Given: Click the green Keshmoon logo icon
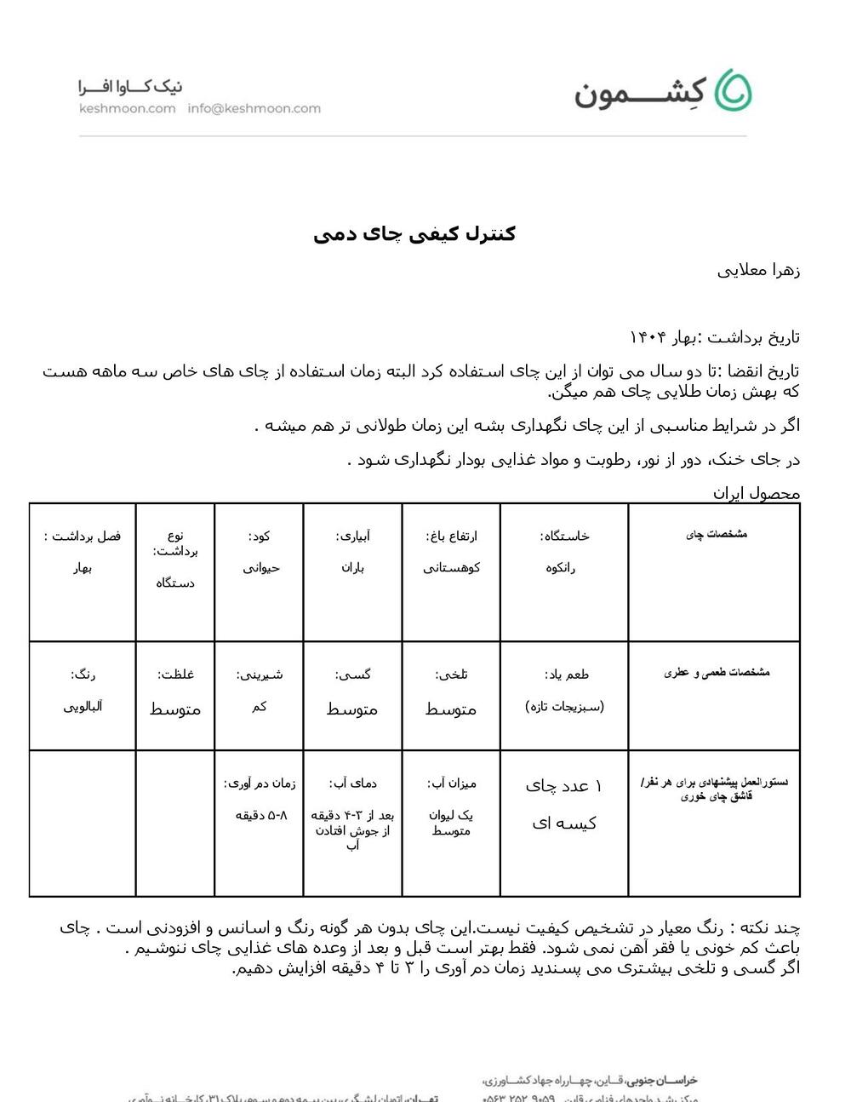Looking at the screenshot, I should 733,90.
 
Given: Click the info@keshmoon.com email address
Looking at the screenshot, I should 254,108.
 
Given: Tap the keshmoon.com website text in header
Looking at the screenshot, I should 127,108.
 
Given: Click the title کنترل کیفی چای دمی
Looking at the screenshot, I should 414,233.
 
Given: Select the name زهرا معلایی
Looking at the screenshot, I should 758,271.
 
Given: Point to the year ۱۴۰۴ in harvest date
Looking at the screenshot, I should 648,337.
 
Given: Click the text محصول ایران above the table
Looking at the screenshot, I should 756,493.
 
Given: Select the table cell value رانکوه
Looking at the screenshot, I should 561,568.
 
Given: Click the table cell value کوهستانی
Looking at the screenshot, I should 451,568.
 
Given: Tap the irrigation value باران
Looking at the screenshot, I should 352,568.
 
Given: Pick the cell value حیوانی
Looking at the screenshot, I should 260,568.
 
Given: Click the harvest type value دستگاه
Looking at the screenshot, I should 175,583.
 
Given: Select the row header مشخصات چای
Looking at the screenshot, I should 717,534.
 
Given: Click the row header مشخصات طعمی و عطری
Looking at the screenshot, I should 717,672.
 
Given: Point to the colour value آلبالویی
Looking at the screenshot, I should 83,707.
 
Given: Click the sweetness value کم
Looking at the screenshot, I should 260,707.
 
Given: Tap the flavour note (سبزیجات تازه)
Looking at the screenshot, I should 565,707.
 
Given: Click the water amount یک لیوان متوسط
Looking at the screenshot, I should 451,823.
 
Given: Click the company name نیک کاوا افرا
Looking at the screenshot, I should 130,87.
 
